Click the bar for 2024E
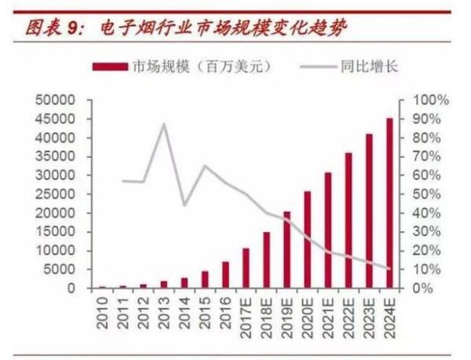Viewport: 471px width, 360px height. pos(389,204)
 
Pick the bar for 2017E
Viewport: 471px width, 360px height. pos(245,268)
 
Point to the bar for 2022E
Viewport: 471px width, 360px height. pos(348,220)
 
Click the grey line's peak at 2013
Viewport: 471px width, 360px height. pos(163,124)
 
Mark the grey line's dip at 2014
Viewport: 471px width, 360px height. pos(184,205)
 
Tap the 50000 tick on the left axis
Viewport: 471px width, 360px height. pos(53,101)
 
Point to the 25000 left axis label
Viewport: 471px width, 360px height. pos(53,195)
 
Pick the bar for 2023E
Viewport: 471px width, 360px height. pos(368,211)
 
